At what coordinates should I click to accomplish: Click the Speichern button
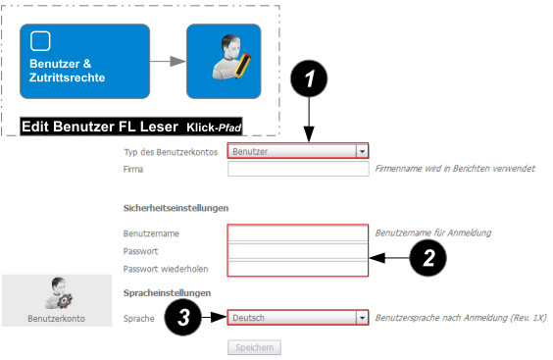click(x=254, y=347)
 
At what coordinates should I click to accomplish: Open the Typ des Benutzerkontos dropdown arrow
click(x=362, y=151)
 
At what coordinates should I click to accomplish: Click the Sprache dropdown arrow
click(x=362, y=318)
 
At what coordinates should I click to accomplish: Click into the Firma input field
click(x=298, y=169)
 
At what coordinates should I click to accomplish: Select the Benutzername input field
click(x=298, y=232)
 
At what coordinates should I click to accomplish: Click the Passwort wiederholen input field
click(x=298, y=269)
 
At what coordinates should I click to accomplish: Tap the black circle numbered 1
click(x=309, y=78)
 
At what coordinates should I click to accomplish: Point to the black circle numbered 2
click(x=427, y=258)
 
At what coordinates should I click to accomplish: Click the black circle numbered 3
click(x=183, y=317)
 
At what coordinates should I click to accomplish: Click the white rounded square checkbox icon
click(x=40, y=41)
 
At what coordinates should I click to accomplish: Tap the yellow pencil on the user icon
click(x=242, y=66)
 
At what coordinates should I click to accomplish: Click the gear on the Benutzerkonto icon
click(x=65, y=300)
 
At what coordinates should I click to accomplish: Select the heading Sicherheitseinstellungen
click(x=176, y=208)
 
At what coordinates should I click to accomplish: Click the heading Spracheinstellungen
click(x=167, y=293)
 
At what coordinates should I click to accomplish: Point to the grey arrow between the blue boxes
click(x=168, y=61)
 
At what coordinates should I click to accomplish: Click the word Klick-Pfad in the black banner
click(x=214, y=128)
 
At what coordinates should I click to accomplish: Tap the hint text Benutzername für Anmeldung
click(x=433, y=232)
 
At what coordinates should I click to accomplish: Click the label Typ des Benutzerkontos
click(x=171, y=152)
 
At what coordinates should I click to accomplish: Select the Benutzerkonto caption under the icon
click(x=57, y=319)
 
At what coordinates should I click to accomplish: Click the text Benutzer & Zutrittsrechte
click(x=67, y=71)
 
